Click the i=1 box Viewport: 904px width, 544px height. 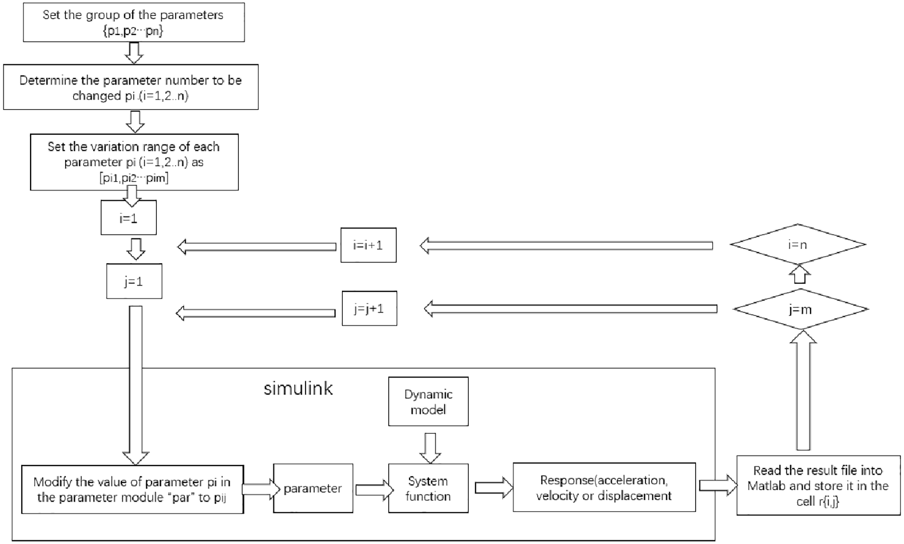[x=128, y=218]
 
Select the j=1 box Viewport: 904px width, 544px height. [x=134, y=281]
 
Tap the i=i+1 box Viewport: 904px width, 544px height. [x=368, y=245]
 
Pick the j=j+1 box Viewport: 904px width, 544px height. [x=369, y=308]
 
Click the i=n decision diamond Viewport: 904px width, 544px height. [x=798, y=244]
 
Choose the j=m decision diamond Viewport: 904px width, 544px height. [x=800, y=309]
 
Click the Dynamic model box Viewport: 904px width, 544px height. [x=428, y=402]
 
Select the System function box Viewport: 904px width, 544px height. [x=428, y=488]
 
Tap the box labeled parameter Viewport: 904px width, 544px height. [x=313, y=488]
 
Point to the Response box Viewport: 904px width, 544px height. [x=604, y=487]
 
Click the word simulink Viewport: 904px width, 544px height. [x=298, y=389]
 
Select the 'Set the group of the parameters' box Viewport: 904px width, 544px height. [x=134, y=22]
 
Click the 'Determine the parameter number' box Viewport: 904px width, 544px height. [x=131, y=87]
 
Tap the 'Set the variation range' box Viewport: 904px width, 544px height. [x=134, y=162]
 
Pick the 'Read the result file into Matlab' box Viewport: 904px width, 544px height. [x=818, y=485]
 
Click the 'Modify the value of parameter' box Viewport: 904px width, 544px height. [x=133, y=489]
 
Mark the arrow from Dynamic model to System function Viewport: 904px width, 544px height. [x=430, y=448]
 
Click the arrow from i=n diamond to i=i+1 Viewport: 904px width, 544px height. [x=566, y=246]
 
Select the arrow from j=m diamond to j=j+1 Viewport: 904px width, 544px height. [x=571, y=309]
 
